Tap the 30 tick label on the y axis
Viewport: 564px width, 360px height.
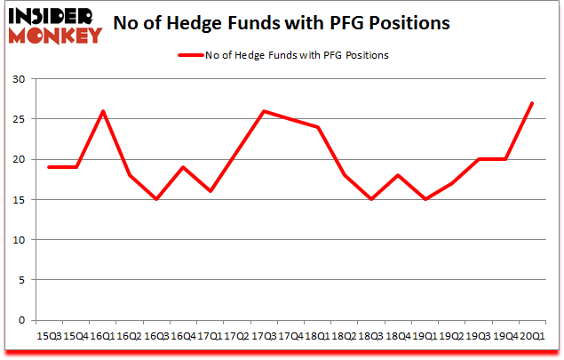tap(20, 79)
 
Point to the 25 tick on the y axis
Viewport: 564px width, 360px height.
tap(20, 119)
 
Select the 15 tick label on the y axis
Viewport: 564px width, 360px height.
tap(20, 200)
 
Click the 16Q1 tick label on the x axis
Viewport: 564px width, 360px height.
tap(103, 337)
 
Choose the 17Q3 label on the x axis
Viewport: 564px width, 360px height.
tap(264, 337)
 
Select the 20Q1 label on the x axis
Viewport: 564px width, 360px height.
tap(531, 337)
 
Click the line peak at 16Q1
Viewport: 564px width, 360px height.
tap(103, 111)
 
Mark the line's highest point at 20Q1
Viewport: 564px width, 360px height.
tap(531, 103)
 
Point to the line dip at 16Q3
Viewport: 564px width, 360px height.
tap(156, 199)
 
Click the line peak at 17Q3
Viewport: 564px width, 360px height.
tap(264, 111)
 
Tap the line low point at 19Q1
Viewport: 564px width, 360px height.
tap(424, 199)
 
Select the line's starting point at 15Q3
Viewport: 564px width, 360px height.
tap(49, 167)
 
